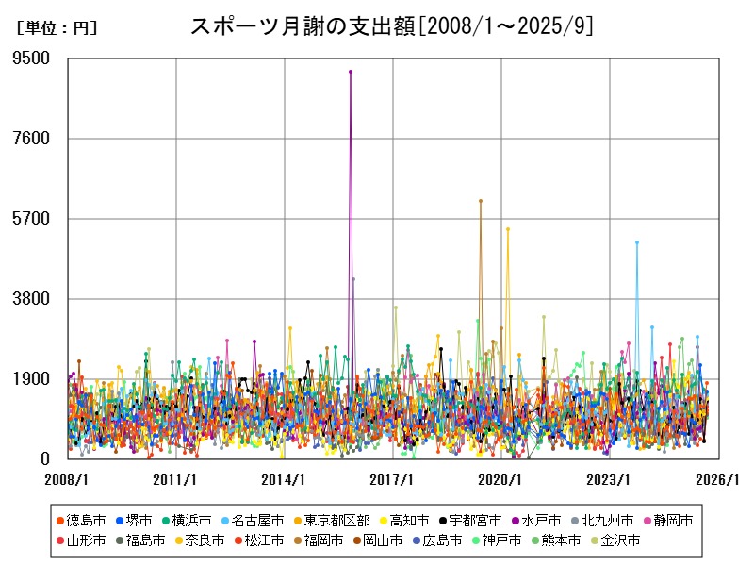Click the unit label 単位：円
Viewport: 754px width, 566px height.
[x=57, y=28]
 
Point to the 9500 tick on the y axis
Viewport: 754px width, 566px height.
[x=32, y=58]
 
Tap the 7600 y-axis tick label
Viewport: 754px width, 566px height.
[x=32, y=139]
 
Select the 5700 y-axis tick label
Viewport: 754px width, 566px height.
[x=32, y=219]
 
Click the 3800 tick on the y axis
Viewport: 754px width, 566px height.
[x=32, y=299]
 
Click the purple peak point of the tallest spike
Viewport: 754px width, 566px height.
[x=351, y=71]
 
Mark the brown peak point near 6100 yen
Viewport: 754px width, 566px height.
[x=480, y=201]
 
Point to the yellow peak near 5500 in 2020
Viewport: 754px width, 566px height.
[x=507, y=228]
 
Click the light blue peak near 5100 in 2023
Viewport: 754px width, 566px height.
[x=637, y=242]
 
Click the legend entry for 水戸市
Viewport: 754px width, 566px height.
[x=536, y=520]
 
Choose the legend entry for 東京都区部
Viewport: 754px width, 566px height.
[x=331, y=520]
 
